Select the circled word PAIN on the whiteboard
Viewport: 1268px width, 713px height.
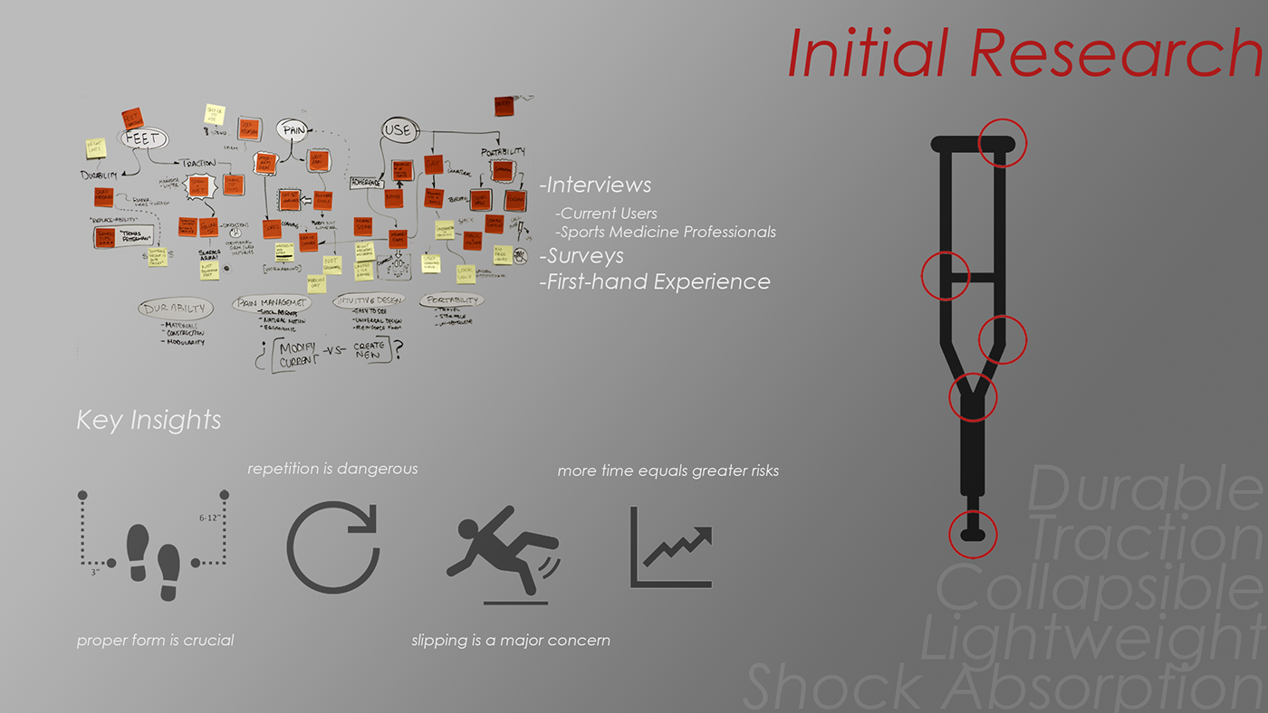293,130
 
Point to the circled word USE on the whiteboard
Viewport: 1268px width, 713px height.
399,129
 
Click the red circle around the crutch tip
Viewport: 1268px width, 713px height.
973,532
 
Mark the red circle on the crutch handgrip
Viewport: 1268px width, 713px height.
946,275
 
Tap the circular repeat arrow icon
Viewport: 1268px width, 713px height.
331,547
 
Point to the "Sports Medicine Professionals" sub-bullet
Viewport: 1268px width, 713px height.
666,232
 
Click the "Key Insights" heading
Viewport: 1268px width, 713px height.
149,420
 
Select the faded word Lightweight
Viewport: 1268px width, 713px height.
1092,637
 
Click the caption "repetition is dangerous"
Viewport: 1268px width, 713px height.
332,469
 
